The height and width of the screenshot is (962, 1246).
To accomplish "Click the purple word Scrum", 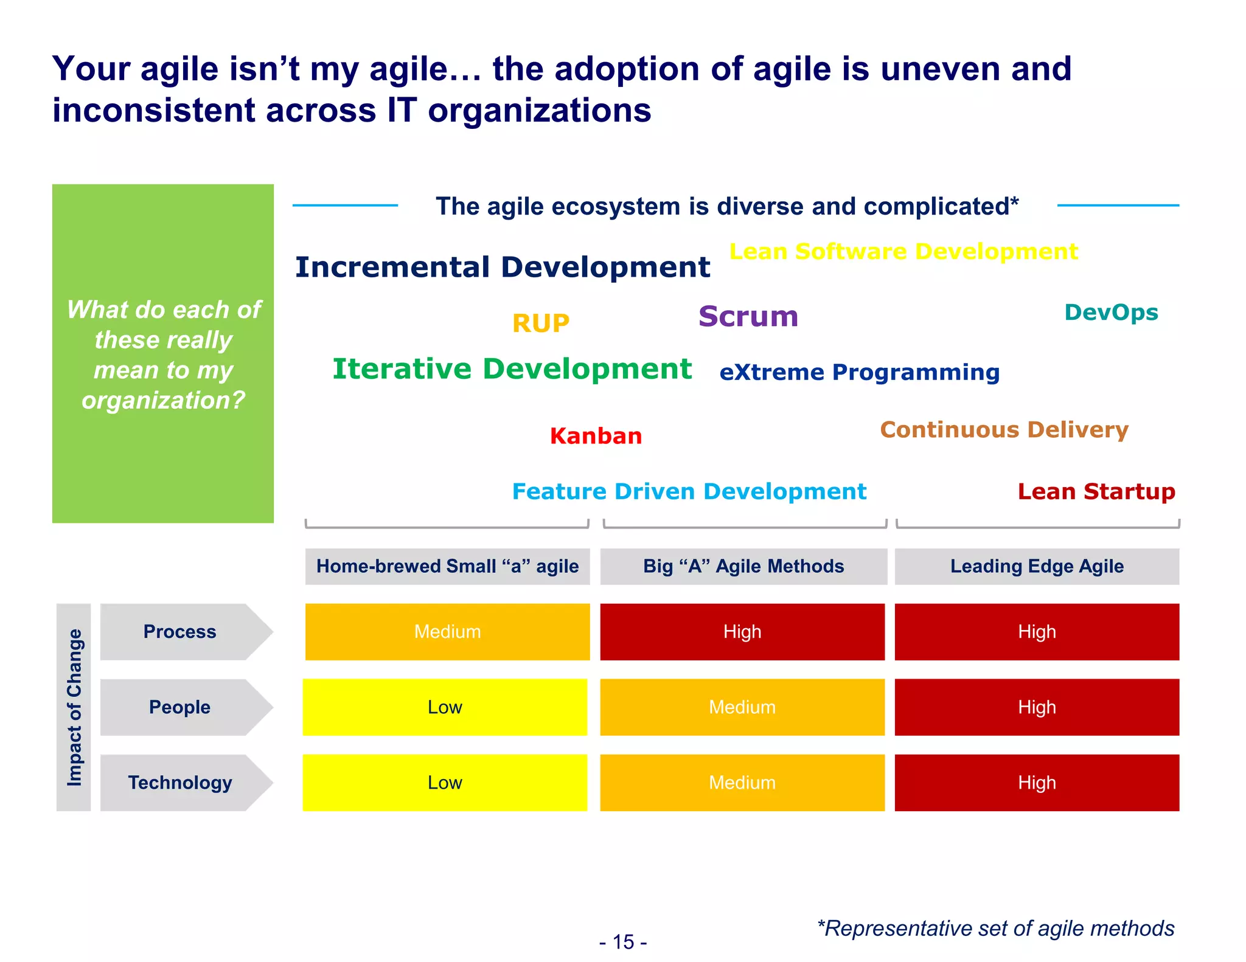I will point(748,317).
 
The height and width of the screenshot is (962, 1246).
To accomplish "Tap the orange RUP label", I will point(540,324).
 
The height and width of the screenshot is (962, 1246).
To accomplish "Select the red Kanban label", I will point(596,436).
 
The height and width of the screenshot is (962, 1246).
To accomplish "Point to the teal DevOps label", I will point(1111,313).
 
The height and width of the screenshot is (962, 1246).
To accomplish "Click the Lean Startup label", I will point(1096,491).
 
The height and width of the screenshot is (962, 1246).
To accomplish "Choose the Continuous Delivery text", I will point(1004,430).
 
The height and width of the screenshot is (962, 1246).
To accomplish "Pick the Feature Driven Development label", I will point(689,491).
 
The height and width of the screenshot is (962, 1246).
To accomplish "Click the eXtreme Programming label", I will point(859,372).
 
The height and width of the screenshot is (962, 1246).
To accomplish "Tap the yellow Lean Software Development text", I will point(903,252).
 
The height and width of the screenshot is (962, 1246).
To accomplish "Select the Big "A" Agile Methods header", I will point(743,566).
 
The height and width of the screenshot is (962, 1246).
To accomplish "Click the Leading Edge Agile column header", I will point(1037,566).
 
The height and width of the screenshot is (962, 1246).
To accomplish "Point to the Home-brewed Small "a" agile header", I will point(447,566).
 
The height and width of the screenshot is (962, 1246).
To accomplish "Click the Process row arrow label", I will point(180,632).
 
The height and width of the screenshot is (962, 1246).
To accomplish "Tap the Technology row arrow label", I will point(180,783).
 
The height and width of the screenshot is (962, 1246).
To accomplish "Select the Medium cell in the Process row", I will point(447,632).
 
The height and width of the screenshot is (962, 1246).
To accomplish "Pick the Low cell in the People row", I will point(445,707).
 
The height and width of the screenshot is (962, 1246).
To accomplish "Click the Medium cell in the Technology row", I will point(742,783).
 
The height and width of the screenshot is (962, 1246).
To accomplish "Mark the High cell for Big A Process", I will point(742,632).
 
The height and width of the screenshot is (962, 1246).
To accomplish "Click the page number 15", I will point(623,942).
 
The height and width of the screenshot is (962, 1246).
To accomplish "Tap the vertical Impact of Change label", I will point(74,707).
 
